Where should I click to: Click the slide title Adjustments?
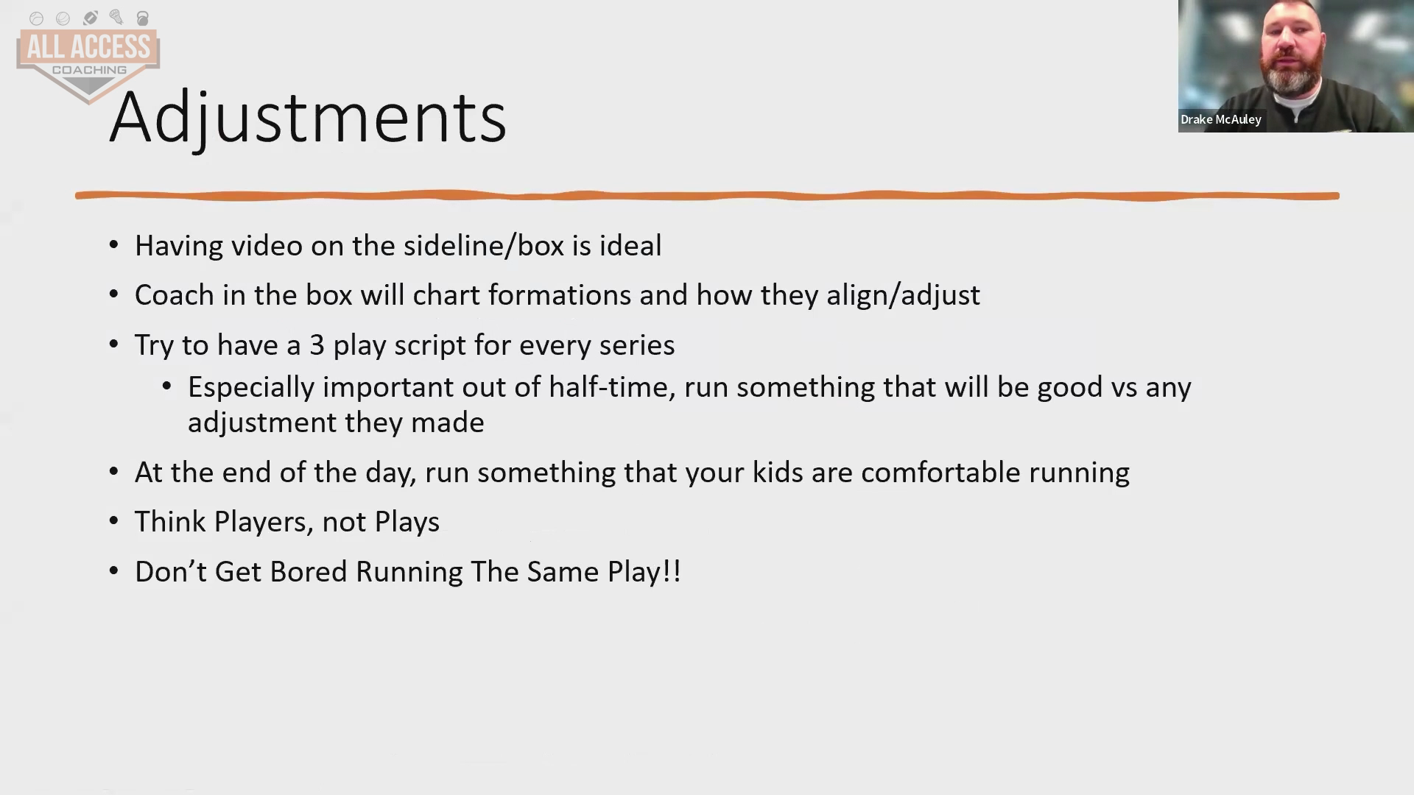[x=308, y=118]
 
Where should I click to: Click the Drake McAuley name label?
[x=1221, y=119]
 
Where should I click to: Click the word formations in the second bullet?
[x=560, y=295]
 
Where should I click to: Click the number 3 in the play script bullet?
[x=317, y=345]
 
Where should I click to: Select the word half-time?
[x=611, y=387]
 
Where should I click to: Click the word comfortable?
[x=940, y=473]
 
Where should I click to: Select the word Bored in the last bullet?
[x=309, y=572]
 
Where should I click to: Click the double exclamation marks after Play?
[x=672, y=572]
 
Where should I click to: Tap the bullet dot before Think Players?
[x=113, y=520]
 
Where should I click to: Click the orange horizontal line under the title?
[x=707, y=196]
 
